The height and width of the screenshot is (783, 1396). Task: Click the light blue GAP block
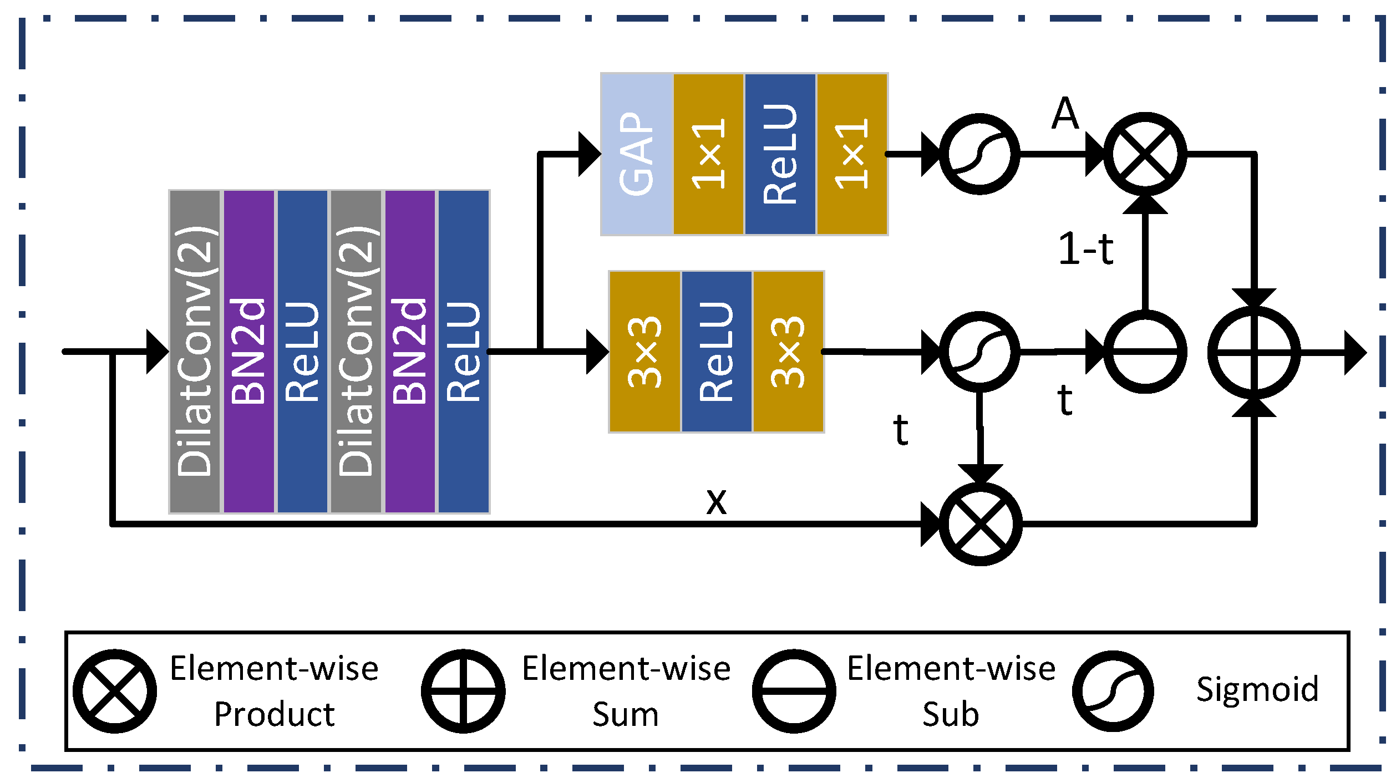[637, 154]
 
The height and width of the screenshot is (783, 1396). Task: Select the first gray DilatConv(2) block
[195, 352]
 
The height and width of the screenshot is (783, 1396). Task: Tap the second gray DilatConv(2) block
[356, 352]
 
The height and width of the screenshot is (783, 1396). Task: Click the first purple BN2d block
[248, 352]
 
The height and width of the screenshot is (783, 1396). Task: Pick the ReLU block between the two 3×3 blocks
[717, 352]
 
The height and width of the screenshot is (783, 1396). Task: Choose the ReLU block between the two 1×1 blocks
[780, 154]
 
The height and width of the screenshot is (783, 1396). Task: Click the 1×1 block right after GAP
[708, 154]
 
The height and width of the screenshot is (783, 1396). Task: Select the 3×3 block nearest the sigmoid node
[788, 352]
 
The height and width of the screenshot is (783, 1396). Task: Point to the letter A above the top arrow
[1065, 113]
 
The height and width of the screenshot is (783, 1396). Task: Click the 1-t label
[1085, 249]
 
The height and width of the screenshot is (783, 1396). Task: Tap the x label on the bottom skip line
[716, 501]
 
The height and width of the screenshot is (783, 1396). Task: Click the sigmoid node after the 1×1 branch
[979, 154]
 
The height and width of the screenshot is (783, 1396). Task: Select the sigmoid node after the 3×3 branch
[979, 352]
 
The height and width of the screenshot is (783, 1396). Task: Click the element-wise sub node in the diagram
[1145, 352]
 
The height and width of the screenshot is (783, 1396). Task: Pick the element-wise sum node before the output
[1253, 352]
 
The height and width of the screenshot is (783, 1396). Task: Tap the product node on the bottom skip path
[980, 524]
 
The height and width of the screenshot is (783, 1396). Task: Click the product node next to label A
[1145, 154]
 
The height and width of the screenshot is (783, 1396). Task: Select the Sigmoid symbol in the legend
[1113, 691]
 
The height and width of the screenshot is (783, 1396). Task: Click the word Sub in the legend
[951, 714]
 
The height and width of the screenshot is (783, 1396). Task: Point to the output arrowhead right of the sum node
[1354, 353]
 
